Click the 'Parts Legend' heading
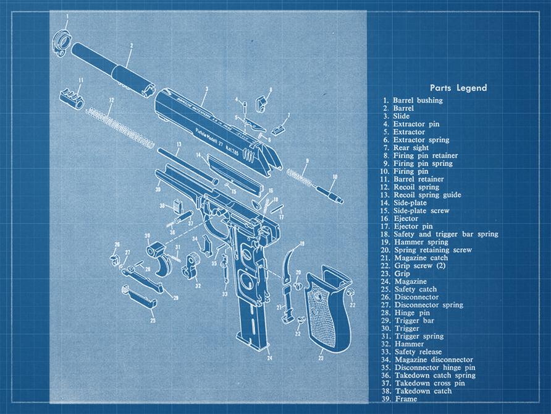click(x=458, y=88)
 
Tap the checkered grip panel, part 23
click(x=326, y=306)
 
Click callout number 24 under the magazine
click(x=270, y=358)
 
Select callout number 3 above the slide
click(x=206, y=89)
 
